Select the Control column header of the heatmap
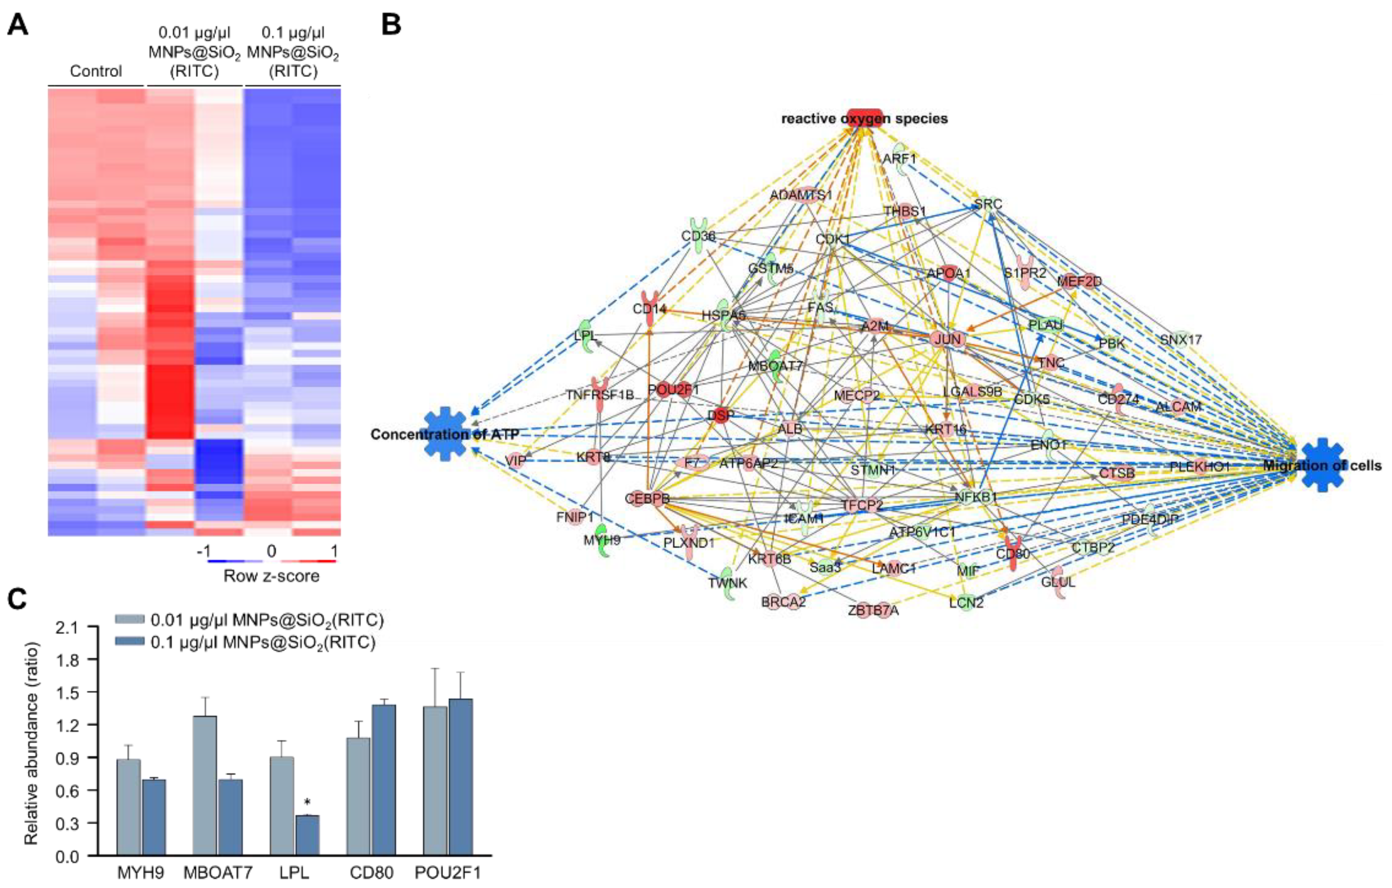pos(96,71)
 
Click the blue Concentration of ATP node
pos(445,433)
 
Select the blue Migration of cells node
pos(1323,465)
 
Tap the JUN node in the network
pos(947,339)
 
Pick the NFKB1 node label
pos(976,496)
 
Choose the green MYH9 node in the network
pos(602,541)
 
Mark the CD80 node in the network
pos(1012,553)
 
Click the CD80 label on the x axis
pos(371,872)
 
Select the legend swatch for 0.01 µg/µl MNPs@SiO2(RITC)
pos(130,620)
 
